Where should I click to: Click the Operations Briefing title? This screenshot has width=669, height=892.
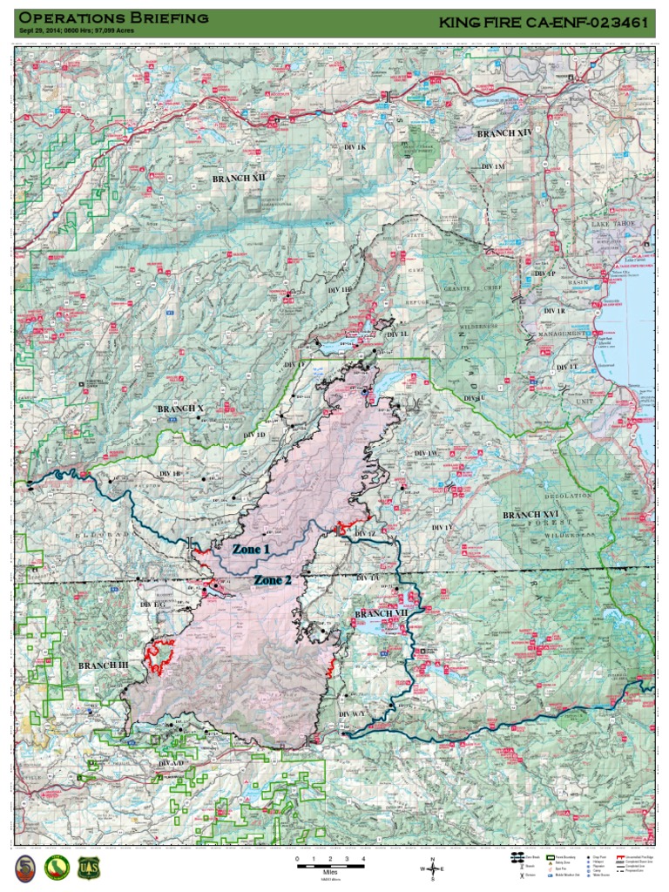(113, 17)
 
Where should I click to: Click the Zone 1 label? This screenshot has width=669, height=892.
(250, 550)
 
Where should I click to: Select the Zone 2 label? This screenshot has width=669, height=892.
(274, 580)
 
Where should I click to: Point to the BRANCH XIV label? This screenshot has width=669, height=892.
(503, 133)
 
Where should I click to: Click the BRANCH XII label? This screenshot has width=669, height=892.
(239, 178)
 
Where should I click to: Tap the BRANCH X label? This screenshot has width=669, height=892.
(180, 409)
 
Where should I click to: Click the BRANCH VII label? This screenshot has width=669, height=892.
(381, 614)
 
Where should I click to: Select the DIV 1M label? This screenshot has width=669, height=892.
(493, 166)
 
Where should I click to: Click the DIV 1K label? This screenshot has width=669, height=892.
(355, 148)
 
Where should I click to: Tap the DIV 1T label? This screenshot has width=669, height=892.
(566, 367)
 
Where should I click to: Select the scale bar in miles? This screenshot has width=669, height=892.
(330, 866)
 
